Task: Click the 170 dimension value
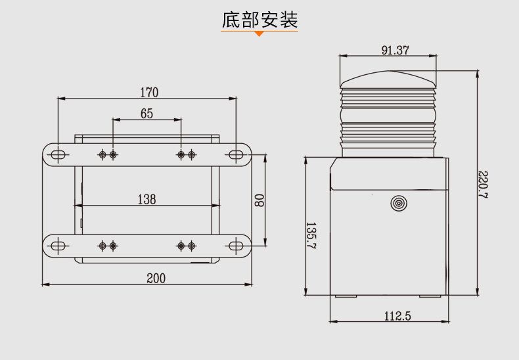(149, 93)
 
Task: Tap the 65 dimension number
(147, 114)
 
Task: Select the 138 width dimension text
(147, 199)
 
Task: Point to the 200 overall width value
(156, 279)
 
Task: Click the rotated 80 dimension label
(259, 200)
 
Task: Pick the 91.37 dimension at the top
(395, 51)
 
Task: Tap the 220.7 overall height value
(484, 185)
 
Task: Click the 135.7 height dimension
(311, 235)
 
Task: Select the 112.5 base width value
(397, 316)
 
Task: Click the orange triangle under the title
(259, 34)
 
